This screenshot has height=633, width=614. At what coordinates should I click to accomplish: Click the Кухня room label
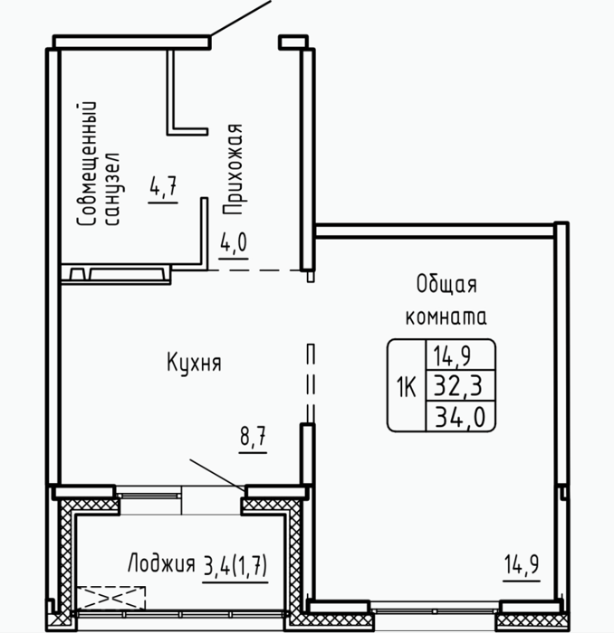194,363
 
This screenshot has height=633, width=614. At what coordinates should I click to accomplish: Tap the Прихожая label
233,169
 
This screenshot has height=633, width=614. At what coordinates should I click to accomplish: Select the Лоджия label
161,563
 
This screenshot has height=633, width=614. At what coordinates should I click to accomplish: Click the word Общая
446,285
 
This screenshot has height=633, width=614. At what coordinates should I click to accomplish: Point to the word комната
446,317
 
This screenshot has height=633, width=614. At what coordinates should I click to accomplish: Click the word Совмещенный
87,164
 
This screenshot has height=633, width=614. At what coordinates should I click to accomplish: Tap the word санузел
112,188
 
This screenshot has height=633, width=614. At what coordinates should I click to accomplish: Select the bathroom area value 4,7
163,186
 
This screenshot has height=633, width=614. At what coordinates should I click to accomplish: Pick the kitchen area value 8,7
253,436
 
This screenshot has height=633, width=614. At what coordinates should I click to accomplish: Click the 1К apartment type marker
406,386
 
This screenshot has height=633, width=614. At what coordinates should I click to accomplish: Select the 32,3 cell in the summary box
458,385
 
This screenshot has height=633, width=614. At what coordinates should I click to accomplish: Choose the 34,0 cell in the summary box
459,416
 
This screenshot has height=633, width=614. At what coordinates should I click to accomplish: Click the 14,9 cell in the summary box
452,355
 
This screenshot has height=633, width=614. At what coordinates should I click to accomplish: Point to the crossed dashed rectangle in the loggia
110,598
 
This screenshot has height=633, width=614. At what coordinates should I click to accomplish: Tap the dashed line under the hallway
254,270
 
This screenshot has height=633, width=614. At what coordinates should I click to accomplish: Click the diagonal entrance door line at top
240,18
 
